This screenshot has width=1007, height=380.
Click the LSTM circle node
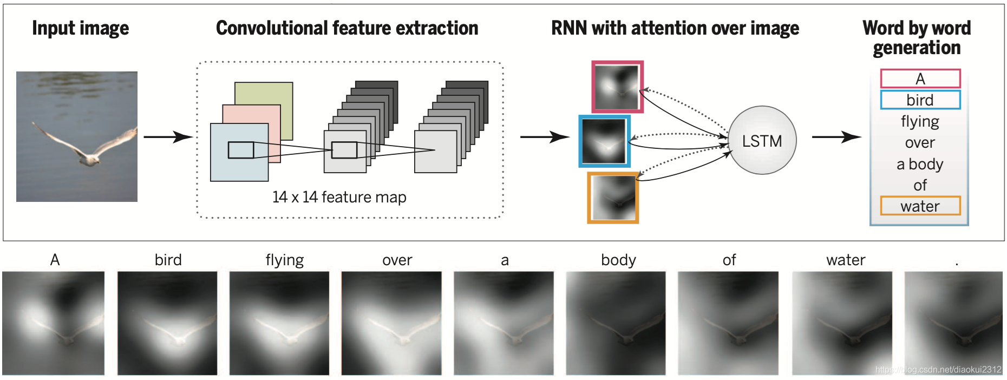click(x=762, y=141)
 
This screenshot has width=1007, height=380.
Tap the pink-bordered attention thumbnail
click(x=617, y=87)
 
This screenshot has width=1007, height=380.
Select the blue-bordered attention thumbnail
click(x=604, y=141)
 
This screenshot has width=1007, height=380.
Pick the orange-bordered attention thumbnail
click(x=613, y=198)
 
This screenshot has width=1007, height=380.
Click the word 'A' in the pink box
click(x=920, y=79)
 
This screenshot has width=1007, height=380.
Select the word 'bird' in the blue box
click(x=920, y=100)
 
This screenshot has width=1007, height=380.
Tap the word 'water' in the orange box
click(x=920, y=206)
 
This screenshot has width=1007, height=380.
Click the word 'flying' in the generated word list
click(x=920, y=122)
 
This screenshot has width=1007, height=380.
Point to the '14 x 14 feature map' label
click(x=339, y=197)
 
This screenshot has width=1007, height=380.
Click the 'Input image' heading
click(x=80, y=28)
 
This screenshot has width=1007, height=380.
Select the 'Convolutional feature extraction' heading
click(x=347, y=28)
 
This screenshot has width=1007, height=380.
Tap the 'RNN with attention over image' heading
click(x=675, y=28)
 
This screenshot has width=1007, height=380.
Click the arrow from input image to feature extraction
click(x=168, y=137)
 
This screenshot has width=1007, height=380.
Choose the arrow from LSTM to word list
click(x=836, y=137)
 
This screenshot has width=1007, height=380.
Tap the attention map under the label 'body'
click(x=616, y=323)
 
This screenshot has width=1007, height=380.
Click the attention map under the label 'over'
click(x=391, y=323)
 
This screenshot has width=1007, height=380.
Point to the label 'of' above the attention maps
click(x=729, y=260)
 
